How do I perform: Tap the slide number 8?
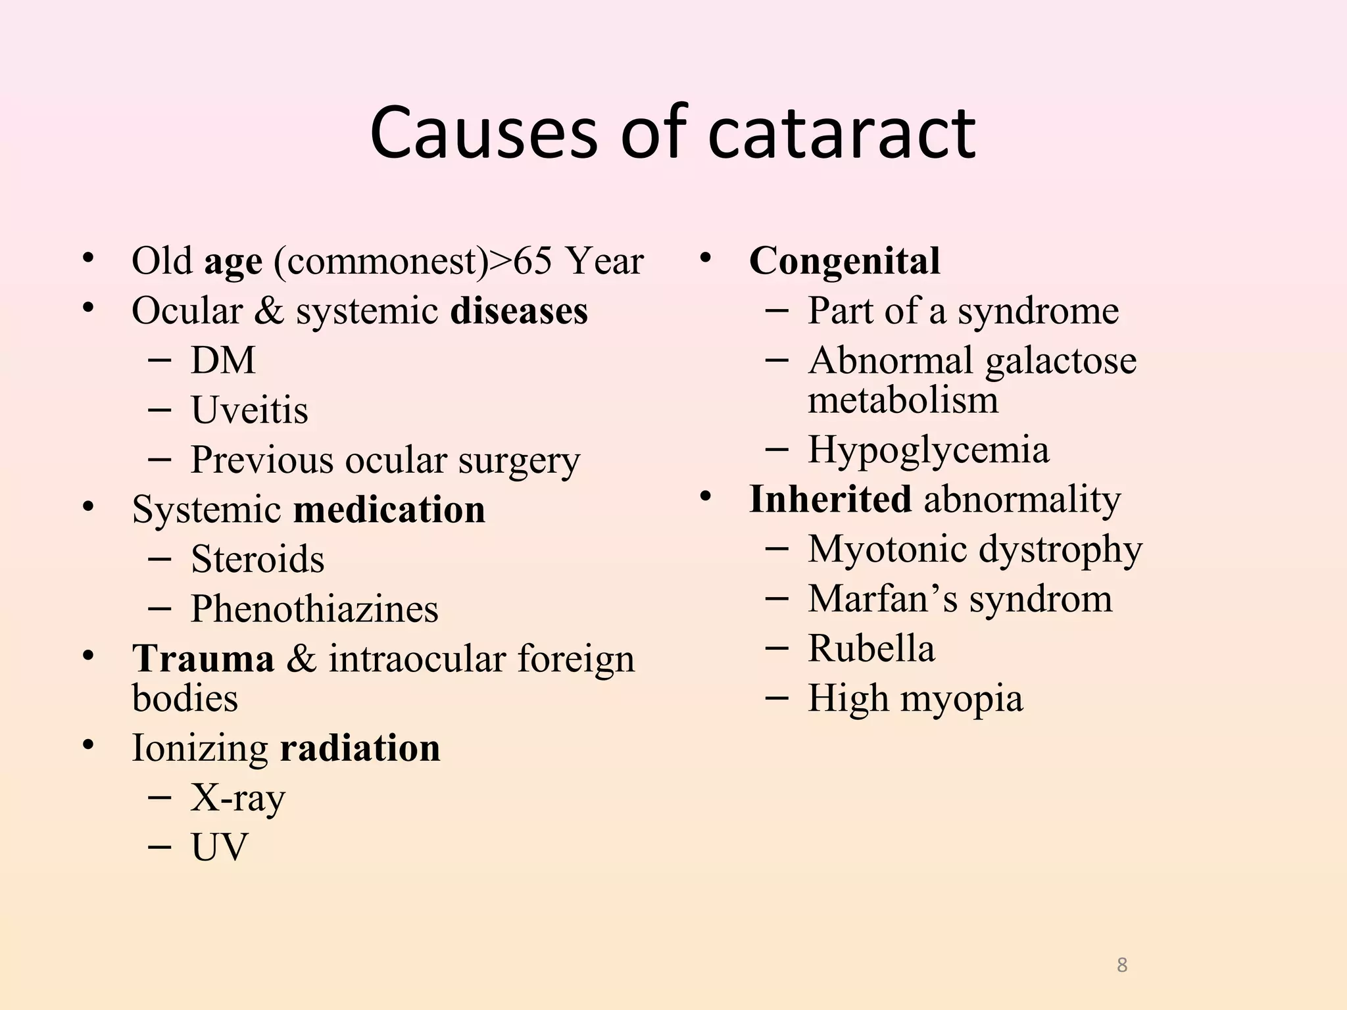[x=1122, y=965]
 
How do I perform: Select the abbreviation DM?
[x=223, y=360]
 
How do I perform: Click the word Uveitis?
[x=249, y=410]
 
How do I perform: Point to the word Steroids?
[x=257, y=560]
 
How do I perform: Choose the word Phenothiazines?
[x=314, y=609]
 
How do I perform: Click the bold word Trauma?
[x=203, y=659]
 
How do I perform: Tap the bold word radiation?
[x=360, y=748]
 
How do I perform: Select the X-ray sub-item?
[x=238, y=798]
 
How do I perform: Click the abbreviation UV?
[x=220, y=848]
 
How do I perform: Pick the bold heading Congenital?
[x=845, y=261]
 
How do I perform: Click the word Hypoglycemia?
[x=928, y=450]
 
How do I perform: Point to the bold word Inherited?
[x=830, y=500]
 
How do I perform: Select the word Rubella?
[x=871, y=648]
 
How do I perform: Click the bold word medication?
[x=389, y=510]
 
